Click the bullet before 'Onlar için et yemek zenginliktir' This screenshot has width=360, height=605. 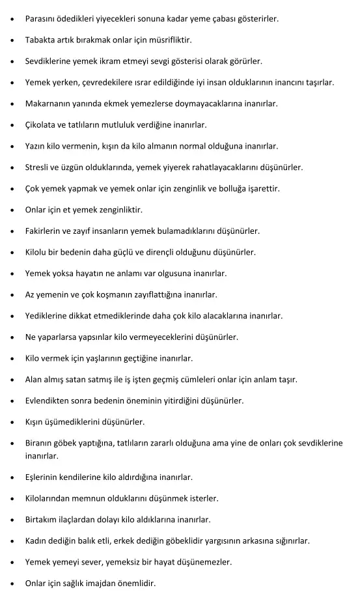click(x=14, y=210)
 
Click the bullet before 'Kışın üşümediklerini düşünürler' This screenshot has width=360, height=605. click(x=14, y=422)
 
